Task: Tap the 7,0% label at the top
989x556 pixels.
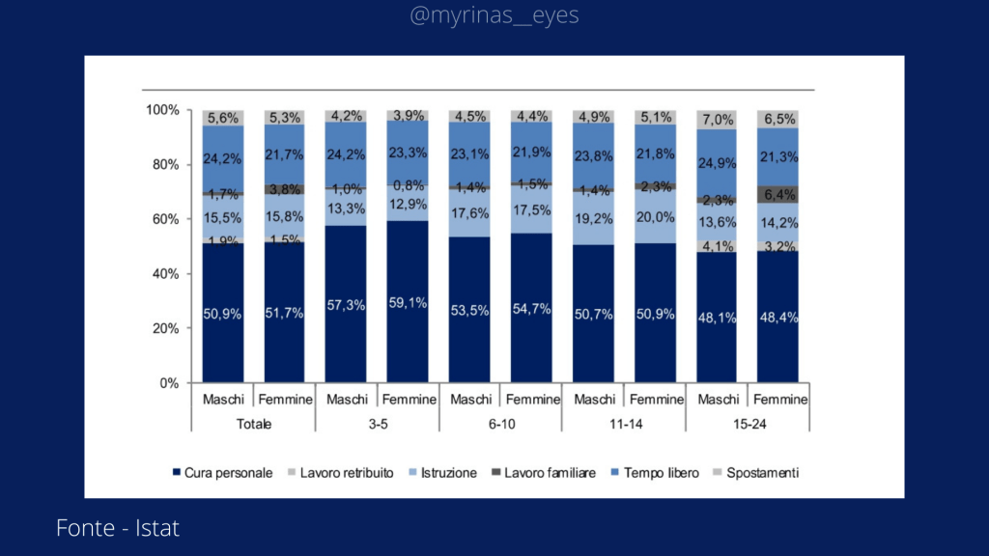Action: point(717,120)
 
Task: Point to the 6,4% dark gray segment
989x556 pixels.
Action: point(778,195)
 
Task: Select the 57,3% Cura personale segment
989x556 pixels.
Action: point(346,305)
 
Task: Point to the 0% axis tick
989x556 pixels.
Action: point(168,383)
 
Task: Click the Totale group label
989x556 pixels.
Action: point(254,424)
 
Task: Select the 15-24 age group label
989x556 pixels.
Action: point(748,424)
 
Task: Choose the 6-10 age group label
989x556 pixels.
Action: point(500,424)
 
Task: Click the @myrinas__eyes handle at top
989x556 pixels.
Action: point(494,16)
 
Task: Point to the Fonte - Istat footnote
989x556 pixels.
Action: point(118,528)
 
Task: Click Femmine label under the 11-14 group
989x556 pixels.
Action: point(655,400)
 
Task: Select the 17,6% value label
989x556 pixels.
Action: point(469,214)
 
